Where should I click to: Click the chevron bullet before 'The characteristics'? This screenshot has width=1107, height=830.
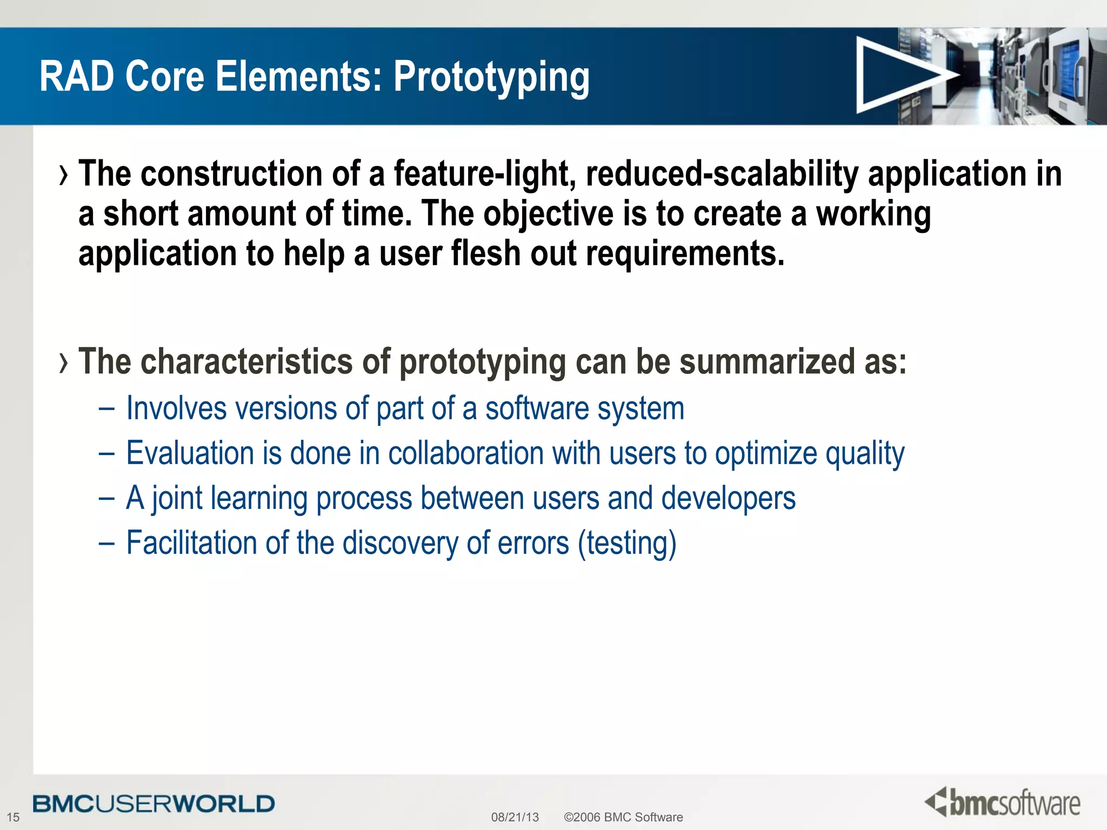(64, 362)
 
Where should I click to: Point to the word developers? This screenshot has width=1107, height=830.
(728, 498)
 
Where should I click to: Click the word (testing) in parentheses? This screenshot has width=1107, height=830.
(627, 543)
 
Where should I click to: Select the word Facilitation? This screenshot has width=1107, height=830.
(191, 543)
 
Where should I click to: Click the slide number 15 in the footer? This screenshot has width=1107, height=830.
(13, 817)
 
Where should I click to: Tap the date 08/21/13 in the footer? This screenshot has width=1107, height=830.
(515, 817)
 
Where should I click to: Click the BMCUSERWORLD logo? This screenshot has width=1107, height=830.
(154, 804)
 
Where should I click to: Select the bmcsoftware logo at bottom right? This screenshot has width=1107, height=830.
(1002, 803)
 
